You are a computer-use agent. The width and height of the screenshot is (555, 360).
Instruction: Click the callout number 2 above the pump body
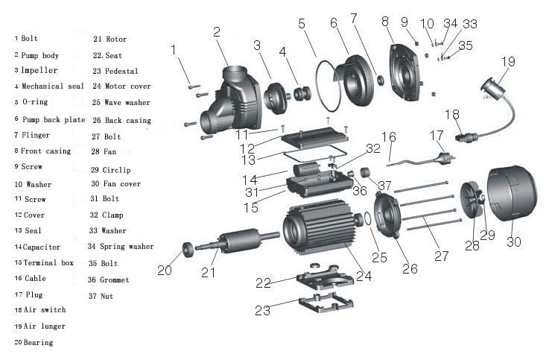coord(217,32)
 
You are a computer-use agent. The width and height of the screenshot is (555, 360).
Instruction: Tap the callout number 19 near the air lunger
coord(507,62)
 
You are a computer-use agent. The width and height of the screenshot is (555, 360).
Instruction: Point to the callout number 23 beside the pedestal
coord(262,310)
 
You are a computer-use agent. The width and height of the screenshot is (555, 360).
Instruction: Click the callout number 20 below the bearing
coord(164,270)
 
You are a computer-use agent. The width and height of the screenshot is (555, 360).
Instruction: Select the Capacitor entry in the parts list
coord(44,247)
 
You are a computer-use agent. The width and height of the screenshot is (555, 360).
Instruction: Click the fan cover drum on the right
coord(512,195)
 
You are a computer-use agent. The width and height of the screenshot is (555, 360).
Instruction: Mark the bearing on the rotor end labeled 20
coord(188,249)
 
